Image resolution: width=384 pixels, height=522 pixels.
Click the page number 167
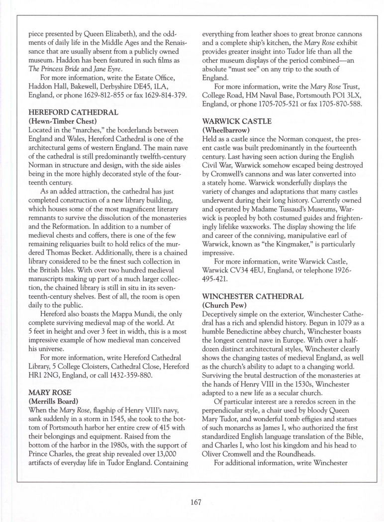[195, 502]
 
